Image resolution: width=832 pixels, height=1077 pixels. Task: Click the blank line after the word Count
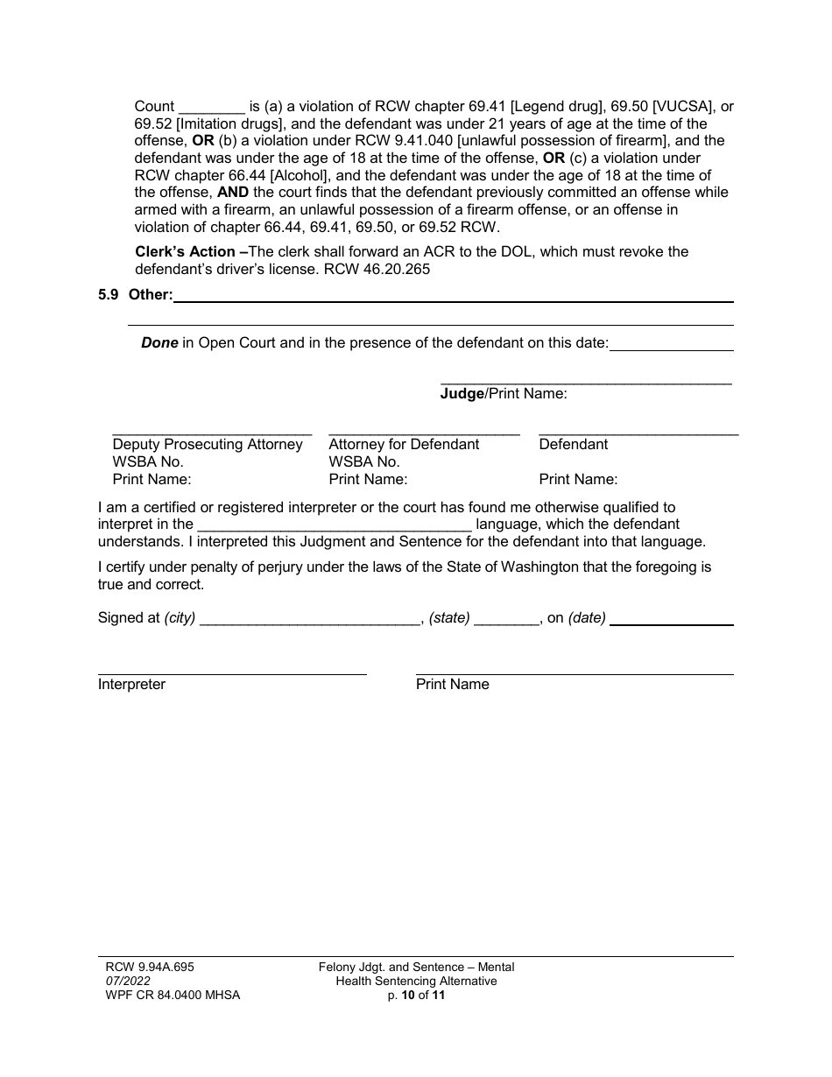[212, 109]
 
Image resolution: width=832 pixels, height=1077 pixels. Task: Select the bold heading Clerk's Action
[185, 252]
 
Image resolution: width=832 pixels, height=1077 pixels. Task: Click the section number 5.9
[109, 295]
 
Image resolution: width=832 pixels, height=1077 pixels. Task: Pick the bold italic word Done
[159, 343]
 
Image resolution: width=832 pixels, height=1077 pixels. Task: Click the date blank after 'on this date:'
[671, 345]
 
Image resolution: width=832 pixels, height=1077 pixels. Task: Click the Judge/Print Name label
[504, 394]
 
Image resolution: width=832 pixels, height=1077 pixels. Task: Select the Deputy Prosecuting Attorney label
[208, 445]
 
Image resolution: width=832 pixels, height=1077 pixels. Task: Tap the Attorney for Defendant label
[404, 445]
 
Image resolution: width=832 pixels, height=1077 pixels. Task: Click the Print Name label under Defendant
[578, 480]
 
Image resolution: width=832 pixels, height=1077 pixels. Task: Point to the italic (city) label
[180, 618]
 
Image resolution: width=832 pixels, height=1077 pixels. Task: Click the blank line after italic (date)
[671, 620]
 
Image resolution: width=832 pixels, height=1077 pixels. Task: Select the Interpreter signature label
[131, 685]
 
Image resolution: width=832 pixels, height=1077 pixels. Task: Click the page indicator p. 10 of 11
[417, 996]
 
